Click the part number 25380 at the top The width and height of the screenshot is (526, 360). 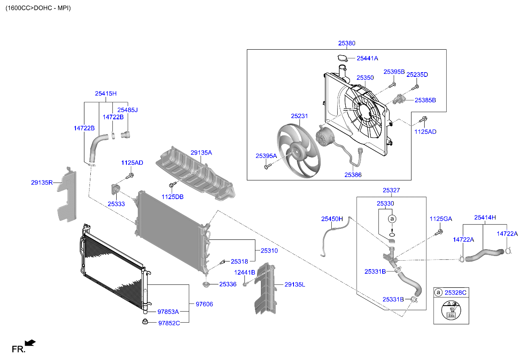347,43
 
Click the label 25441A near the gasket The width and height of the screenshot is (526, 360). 367,58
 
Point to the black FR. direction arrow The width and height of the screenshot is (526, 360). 30,343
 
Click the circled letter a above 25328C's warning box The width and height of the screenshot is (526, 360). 438,292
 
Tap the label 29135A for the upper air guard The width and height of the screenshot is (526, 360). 201,152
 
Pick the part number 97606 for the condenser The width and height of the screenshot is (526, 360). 204,304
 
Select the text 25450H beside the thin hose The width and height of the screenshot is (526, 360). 332,219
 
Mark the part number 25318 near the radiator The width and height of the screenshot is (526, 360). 239,262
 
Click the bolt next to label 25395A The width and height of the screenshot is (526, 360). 266,167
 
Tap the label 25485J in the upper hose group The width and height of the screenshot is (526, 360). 127,110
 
